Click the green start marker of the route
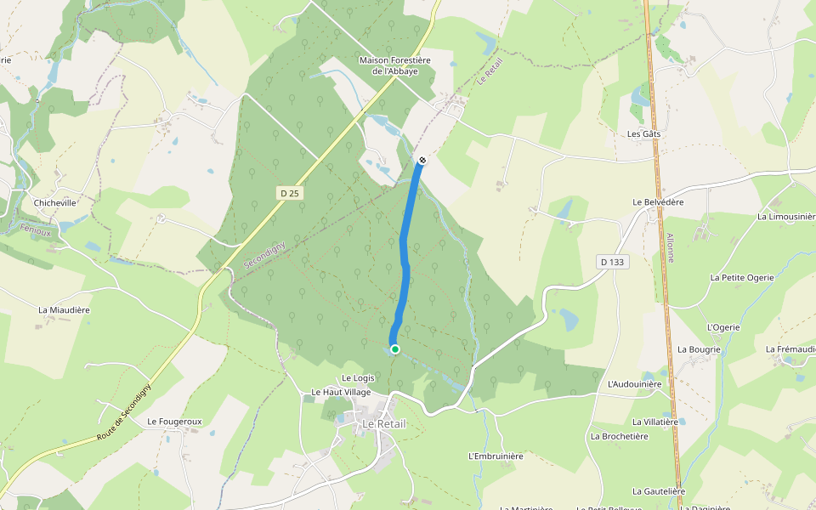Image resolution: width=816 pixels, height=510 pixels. pos(394,349)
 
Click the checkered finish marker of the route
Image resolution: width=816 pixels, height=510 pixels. pos(422,160)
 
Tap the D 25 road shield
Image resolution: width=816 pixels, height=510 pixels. pos(290,194)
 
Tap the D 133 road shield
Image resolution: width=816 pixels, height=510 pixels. pos(610,262)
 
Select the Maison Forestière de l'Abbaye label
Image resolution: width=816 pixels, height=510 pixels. pos(395,66)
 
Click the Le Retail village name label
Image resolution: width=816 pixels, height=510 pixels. pos(384,424)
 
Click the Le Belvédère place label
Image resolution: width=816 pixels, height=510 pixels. pos(658,201)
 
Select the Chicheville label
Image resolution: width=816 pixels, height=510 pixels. pos(55,203)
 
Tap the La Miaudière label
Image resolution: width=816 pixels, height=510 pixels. pos(64,310)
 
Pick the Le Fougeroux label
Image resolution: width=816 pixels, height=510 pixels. pos(174,422)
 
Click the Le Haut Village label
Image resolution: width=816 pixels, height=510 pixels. pos(341,392)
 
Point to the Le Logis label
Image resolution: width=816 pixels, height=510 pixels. pos(358,377)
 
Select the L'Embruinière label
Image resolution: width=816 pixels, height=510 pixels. pos(496,456)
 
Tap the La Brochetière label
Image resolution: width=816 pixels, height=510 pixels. pos(619,436)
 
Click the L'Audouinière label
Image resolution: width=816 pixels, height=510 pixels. pos(634,384)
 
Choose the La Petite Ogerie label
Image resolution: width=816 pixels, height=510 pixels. pos(742,278)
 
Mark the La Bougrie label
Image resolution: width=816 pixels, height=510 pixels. pos(699,349)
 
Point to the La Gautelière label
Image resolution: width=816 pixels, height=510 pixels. pos(659,491)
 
